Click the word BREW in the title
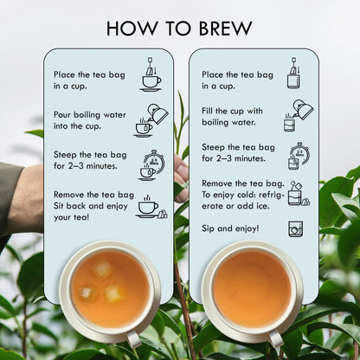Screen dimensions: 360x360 226,29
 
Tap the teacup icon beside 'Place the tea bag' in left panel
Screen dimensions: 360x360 151,74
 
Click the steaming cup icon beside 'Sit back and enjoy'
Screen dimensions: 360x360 151,207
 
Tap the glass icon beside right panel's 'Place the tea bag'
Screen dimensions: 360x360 294,73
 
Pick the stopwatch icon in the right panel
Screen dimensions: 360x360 299,156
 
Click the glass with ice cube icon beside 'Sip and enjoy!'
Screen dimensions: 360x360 296,229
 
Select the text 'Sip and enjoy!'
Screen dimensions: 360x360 230,228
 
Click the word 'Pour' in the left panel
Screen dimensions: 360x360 62,114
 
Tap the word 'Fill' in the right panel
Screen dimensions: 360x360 207,111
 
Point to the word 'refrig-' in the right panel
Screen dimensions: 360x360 272,195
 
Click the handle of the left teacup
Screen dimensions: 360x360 133,338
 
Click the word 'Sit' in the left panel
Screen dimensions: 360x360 59,206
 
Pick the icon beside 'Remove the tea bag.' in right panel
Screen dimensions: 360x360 299,193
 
